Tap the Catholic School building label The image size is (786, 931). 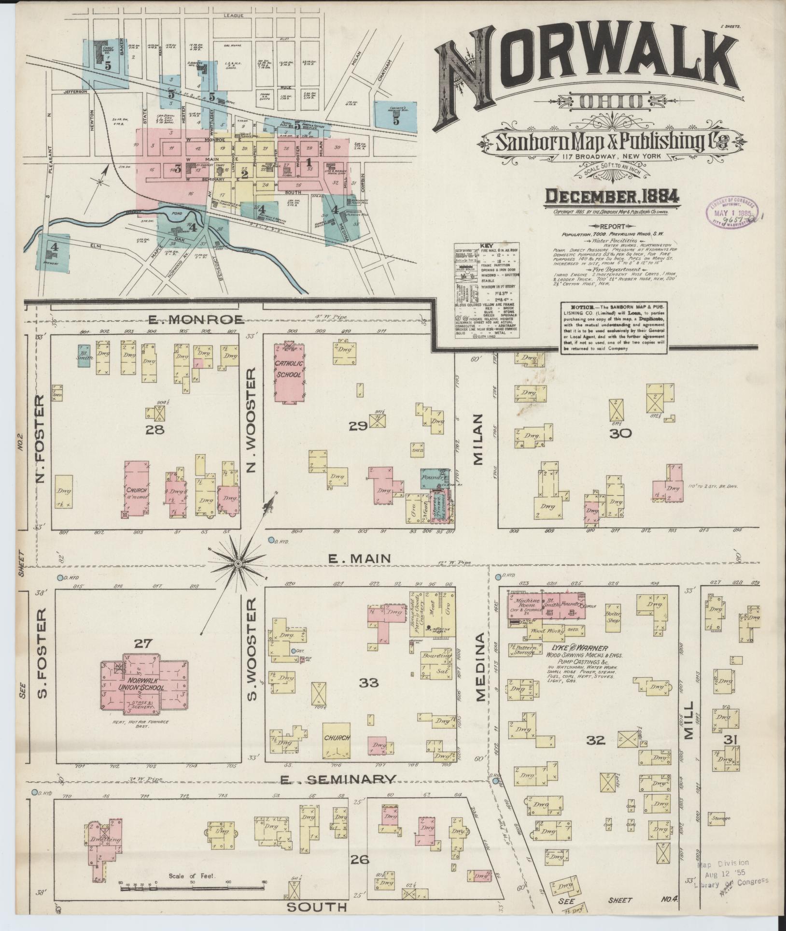point(289,369)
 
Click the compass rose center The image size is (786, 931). point(239,563)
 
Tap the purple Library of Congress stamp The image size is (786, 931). point(733,210)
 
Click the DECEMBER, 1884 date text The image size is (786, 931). point(612,196)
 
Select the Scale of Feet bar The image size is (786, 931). point(193,887)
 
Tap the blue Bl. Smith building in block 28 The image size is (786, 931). point(84,357)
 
